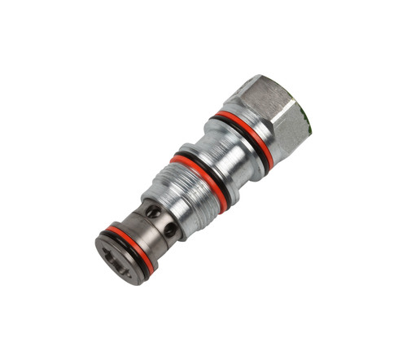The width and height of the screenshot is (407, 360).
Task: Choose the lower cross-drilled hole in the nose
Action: (x=169, y=230)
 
